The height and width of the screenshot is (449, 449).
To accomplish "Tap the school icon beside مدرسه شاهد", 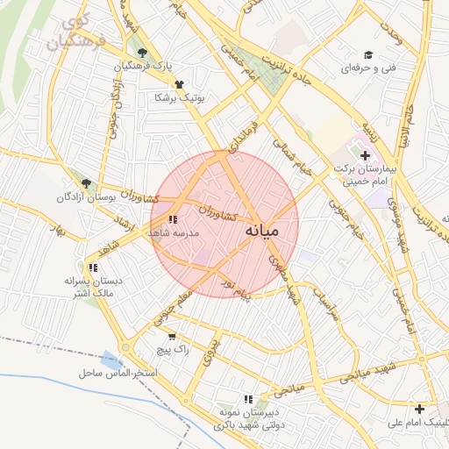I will (x=173, y=219).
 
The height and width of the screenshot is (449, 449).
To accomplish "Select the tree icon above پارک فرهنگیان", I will (x=143, y=52).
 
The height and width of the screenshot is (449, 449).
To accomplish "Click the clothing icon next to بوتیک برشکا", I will (x=179, y=84).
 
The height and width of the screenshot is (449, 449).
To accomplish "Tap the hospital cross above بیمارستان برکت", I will (x=365, y=155).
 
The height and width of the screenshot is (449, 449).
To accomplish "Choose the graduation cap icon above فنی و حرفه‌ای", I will (x=368, y=54).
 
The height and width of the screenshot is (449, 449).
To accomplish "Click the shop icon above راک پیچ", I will (x=171, y=335).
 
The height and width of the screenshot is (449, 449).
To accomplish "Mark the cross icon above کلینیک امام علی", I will (x=419, y=409).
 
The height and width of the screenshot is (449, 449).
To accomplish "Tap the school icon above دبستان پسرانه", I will (x=93, y=267).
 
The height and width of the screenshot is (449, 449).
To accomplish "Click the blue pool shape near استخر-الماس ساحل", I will (x=111, y=360).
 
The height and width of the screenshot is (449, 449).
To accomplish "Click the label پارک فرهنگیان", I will (x=144, y=67).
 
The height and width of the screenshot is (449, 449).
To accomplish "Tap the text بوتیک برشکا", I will (x=179, y=98).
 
